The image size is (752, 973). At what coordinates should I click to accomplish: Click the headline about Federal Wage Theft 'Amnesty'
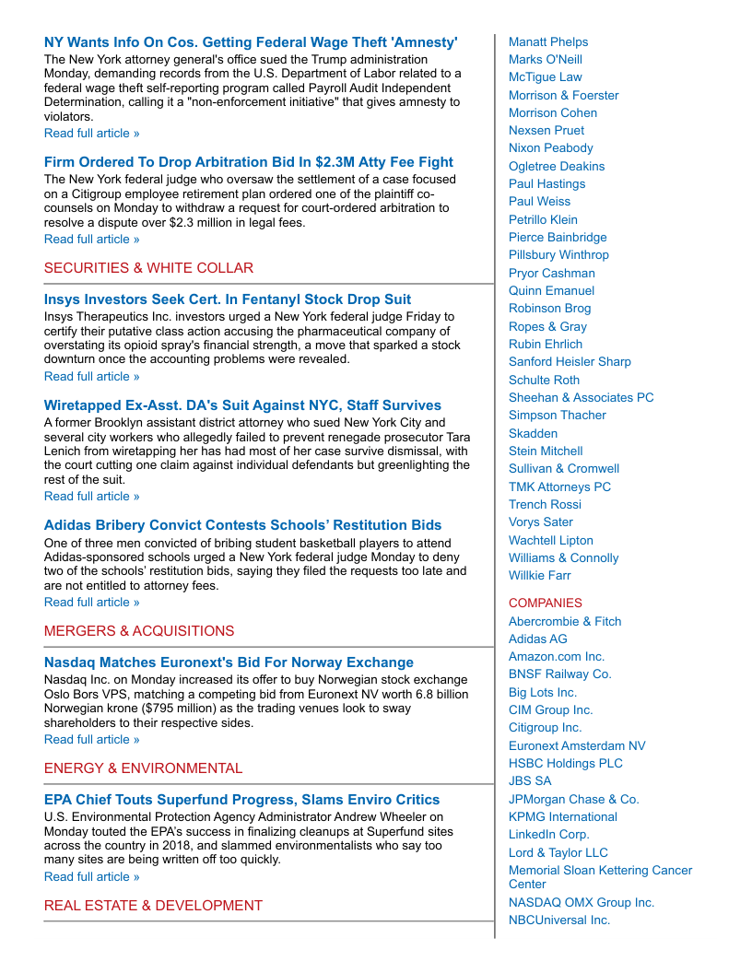click(x=251, y=42)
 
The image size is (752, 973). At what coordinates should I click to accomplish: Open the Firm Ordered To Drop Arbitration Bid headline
click(x=249, y=162)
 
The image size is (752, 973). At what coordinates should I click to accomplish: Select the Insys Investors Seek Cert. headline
click(x=228, y=299)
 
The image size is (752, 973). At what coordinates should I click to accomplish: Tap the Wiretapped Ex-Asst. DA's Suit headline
click(x=242, y=405)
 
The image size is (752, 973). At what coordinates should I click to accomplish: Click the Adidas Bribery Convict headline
click(x=242, y=525)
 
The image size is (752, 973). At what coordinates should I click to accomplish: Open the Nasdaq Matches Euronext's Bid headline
click(x=229, y=662)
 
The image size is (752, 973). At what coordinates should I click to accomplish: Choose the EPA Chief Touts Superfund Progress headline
click(x=241, y=800)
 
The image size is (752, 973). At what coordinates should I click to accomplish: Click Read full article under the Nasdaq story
click(x=92, y=739)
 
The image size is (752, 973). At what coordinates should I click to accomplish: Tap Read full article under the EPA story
click(x=92, y=876)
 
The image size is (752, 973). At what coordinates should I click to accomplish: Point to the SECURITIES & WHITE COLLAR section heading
click(x=148, y=268)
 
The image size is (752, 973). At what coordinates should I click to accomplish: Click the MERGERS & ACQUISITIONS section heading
click(x=139, y=631)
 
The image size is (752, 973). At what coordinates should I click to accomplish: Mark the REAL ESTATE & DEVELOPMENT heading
click(x=153, y=906)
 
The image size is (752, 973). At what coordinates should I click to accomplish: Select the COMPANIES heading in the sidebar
click(x=546, y=603)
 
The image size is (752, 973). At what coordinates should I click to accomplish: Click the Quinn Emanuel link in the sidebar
click(x=551, y=290)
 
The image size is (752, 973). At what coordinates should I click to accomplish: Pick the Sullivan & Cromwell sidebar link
click(x=564, y=468)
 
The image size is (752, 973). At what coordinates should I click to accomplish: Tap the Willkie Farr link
click(x=540, y=575)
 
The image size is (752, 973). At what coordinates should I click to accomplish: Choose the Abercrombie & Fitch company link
click(x=565, y=621)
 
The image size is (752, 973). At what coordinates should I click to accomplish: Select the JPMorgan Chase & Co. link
click(x=573, y=799)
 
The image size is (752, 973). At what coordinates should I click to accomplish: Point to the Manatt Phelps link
click(x=548, y=41)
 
